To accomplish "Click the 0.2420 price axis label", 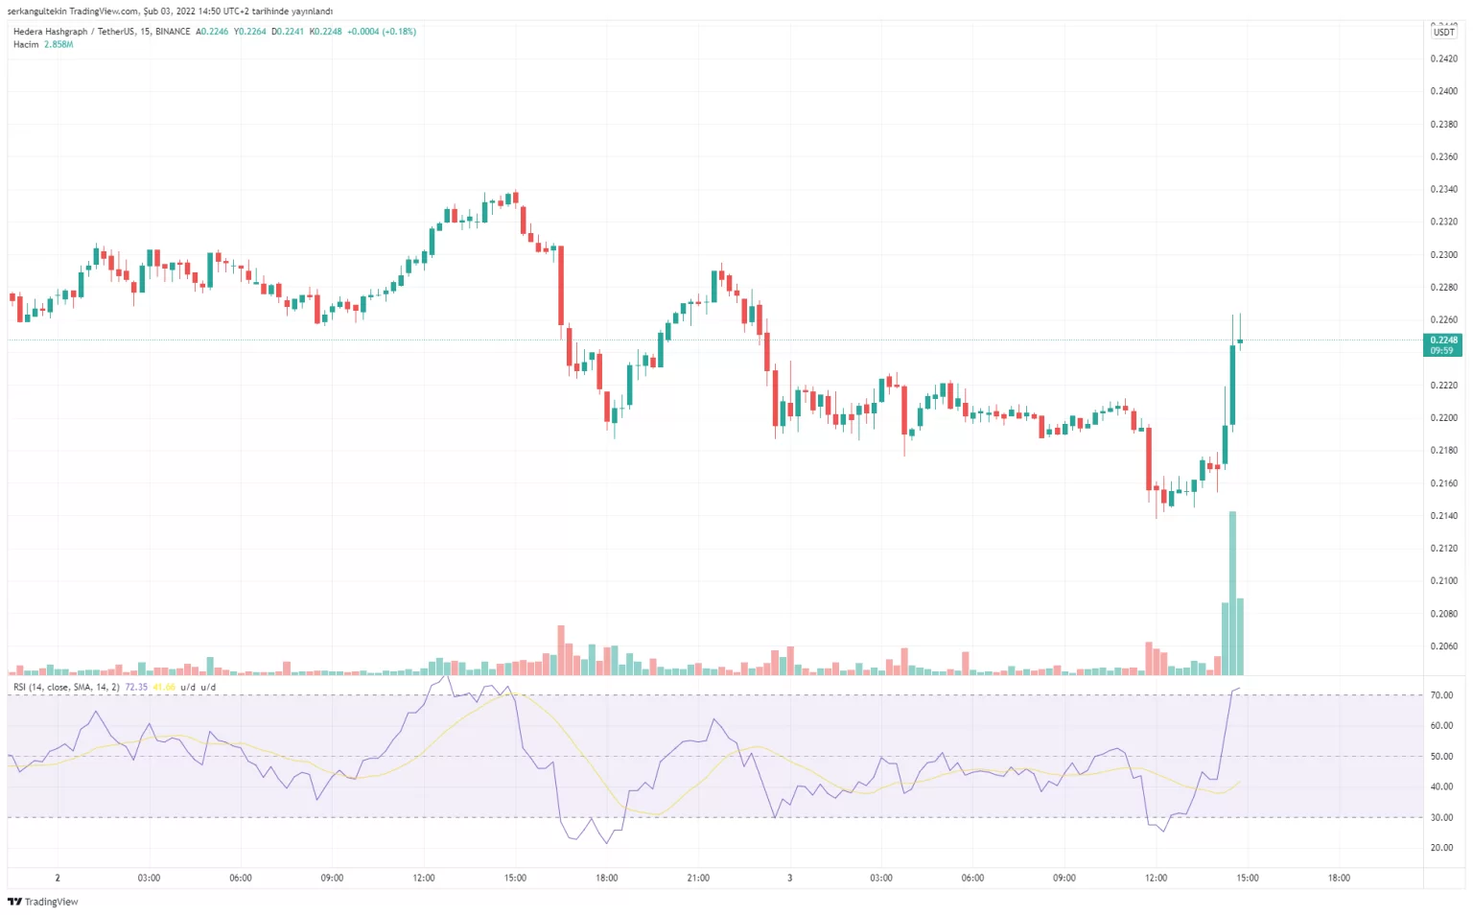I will coord(1443,59).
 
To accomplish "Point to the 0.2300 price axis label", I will coord(1443,255).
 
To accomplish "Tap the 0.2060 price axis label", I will coord(1443,646).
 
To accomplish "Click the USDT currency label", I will coord(1443,32).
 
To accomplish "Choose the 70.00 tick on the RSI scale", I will coord(1441,695).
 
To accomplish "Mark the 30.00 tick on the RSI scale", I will coord(1441,818).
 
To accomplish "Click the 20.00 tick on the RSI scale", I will coord(1441,848).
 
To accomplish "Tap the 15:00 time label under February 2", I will coord(515,878).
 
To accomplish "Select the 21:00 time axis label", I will coord(698,878).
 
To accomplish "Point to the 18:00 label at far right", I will coord(1339,878).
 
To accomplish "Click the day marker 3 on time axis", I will coord(789,878).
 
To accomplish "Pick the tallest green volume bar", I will coord(1232,595).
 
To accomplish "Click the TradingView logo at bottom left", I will coord(43,902).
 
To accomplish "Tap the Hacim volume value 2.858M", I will coord(58,44).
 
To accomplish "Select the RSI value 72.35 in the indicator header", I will coord(136,687).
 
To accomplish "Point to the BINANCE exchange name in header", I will coord(173,32).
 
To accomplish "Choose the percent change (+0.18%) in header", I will coord(399,32).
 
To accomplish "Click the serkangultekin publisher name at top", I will coord(37,12).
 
